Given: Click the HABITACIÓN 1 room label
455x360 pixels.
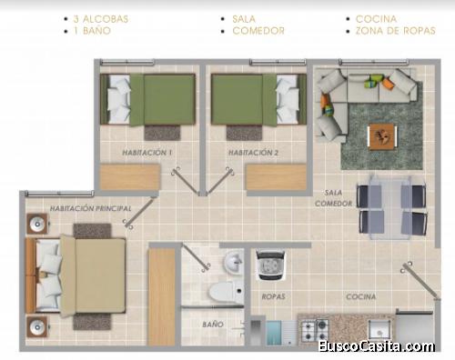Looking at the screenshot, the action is [147, 153].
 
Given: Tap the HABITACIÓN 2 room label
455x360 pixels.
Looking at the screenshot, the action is [253, 153].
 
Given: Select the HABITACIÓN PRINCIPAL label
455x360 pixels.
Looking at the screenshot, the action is [90, 208].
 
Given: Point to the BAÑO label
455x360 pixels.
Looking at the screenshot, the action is [213, 325].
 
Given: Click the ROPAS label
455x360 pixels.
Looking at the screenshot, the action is [273, 296].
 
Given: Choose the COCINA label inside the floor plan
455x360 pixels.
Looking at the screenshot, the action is [361, 296].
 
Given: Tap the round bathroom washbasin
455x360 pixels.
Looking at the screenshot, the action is [233, 263].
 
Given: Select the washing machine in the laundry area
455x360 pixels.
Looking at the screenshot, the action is [271, 265].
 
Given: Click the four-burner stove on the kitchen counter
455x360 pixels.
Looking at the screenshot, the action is [315, 330].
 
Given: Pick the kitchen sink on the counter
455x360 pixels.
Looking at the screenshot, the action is [379, 329].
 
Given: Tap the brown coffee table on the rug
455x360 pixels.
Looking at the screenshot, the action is [382, 136].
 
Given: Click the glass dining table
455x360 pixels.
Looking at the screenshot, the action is [390, 206].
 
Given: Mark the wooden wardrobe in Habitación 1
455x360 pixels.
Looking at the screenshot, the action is [130, 177].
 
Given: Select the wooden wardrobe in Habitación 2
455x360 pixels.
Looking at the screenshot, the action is [276, 177].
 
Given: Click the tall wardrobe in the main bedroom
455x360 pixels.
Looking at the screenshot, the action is [162, 297].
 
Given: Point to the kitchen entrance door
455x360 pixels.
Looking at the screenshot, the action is [420, 281].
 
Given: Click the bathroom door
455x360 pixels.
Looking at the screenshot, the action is [196, 257].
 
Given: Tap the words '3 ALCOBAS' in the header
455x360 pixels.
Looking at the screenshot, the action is [101, 19].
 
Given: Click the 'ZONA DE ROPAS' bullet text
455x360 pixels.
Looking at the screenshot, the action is [396, 31].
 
